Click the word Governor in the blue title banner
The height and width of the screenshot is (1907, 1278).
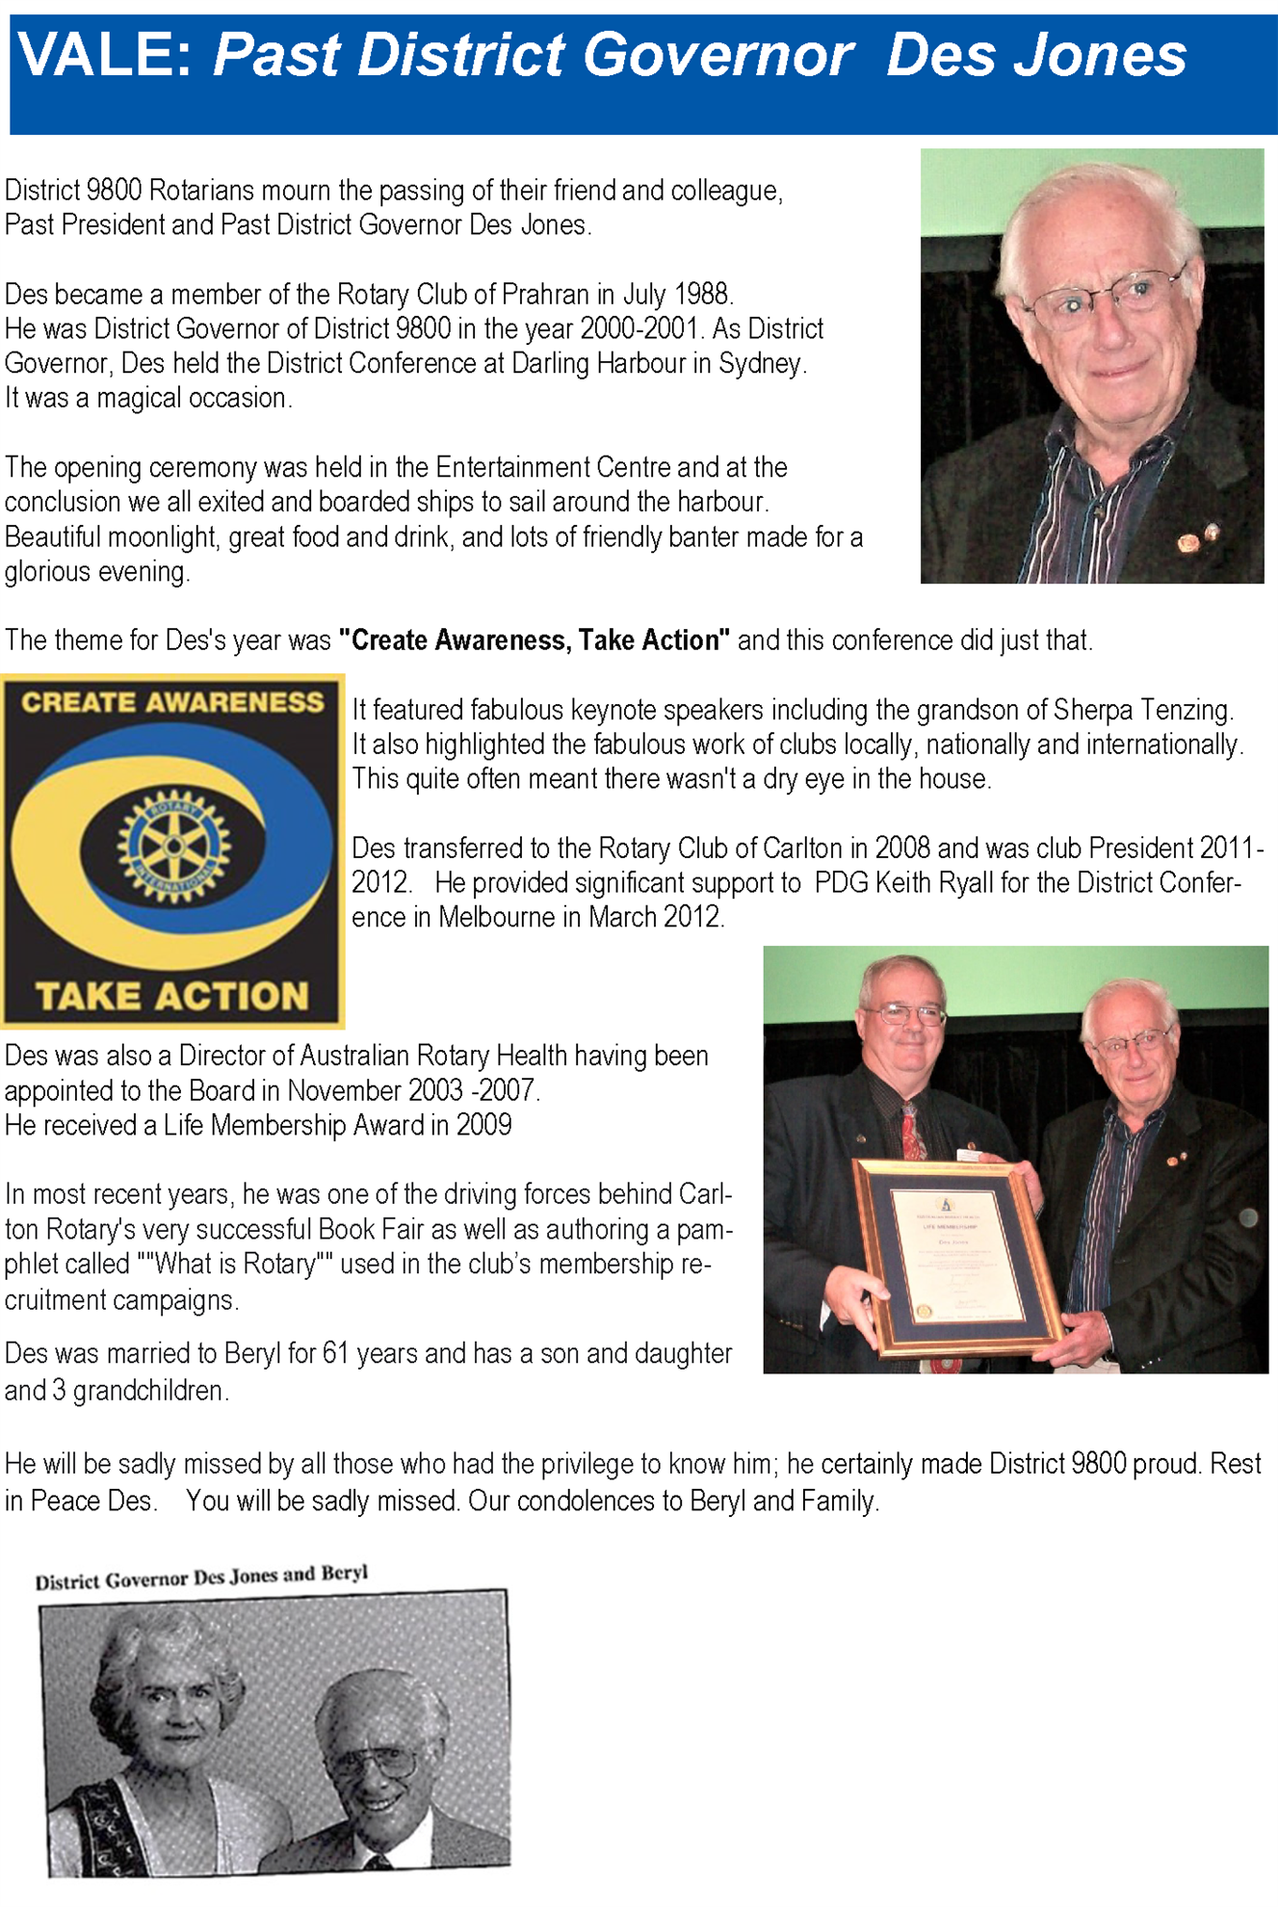717,55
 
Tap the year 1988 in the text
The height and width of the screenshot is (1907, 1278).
702,294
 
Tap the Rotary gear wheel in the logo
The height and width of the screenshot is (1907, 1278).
173,846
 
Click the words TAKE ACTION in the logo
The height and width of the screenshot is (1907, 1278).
172,996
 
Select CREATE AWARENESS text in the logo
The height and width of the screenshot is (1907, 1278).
172,703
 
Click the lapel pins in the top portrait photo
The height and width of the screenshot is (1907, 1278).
1199,539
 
